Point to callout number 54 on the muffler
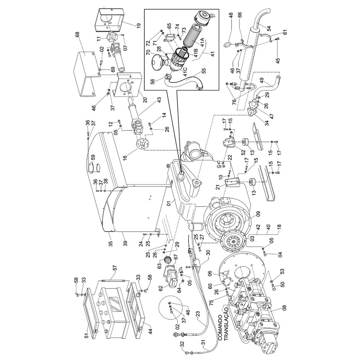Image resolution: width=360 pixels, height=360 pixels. click(269, 28)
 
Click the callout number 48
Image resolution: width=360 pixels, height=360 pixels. click(231, 15)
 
